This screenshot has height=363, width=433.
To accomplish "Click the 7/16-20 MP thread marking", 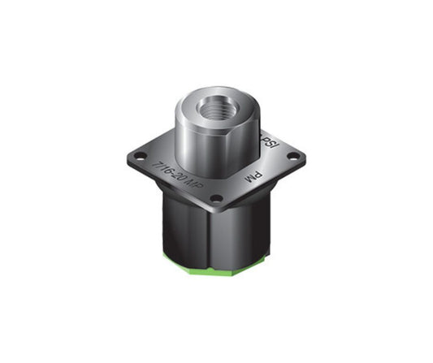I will (177, 174).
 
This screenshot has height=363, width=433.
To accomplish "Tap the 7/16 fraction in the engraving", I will (162, 165).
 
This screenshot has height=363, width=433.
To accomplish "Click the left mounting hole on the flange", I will (140, 155).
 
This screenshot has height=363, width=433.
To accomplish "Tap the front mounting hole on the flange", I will (216, 198).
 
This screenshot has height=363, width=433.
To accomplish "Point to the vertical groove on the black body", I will (212, 236).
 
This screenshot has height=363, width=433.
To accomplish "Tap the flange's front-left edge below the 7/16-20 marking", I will (171, 188).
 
